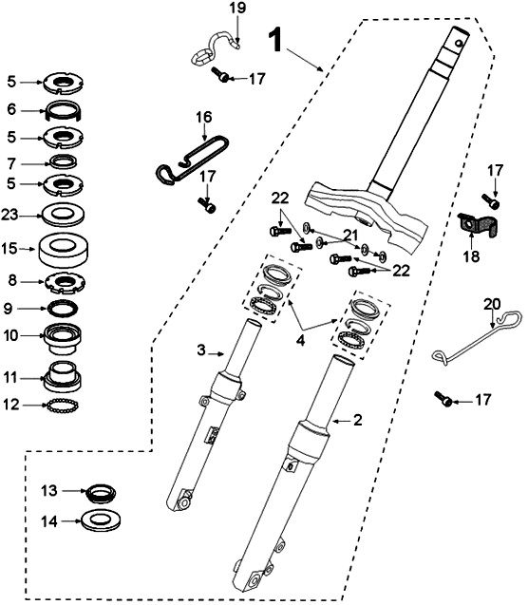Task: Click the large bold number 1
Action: (x=274, y=39)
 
